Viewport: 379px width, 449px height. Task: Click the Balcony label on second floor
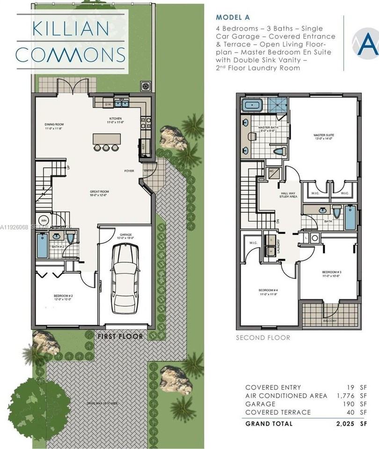pyautogui.click(x=331, y=321)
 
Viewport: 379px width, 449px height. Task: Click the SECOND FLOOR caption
pyautogui.click(x=263, y=338)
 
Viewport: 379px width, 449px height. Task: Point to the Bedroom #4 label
pyautogui.click(x=268, y=291)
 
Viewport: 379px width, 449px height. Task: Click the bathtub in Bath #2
pyautogui.click(x=42, y=246)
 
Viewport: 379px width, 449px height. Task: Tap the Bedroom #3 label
pyautogui.click(x=331, y=274)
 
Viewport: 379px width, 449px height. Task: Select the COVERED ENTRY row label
pyautogui.click(x=273, y=388)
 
